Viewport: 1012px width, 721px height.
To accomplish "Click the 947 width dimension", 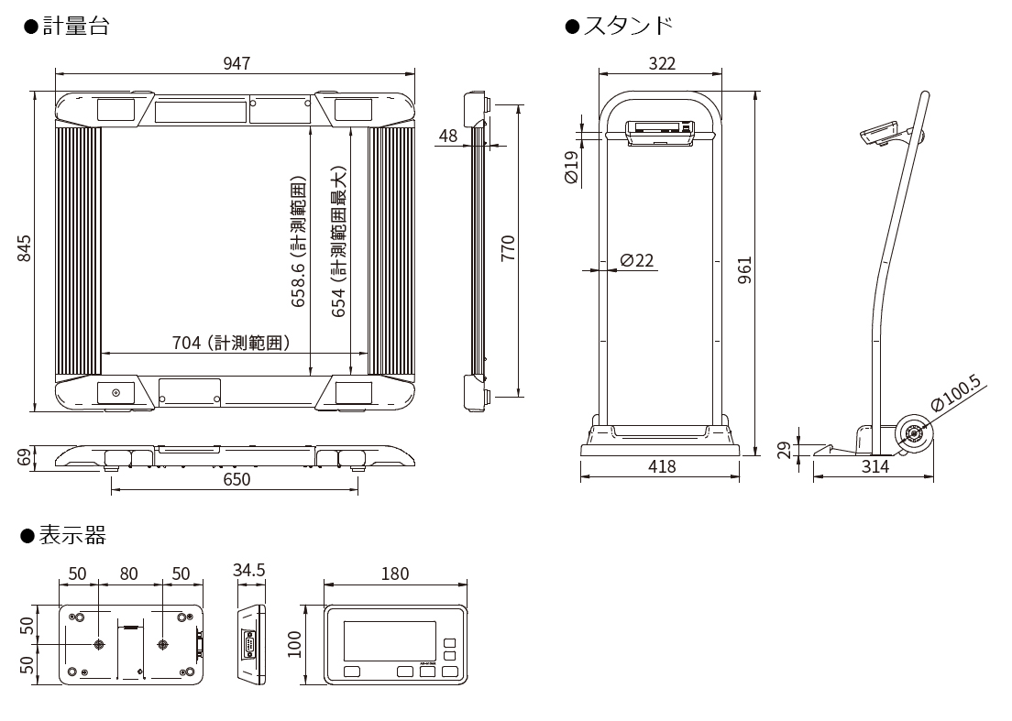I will [x=236, y=63].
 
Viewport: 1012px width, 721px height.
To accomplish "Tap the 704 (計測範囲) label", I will [x=231, y=344].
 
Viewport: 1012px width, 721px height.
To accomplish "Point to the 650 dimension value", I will [x=236, y=478].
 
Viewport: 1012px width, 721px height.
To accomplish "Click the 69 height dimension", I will [x=25, y=456].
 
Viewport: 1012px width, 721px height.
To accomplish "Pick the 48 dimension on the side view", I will [x=448, y=137].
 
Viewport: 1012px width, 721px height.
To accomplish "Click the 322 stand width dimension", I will [x=661, y=63].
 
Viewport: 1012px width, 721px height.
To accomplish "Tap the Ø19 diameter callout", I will [x=570, y=169].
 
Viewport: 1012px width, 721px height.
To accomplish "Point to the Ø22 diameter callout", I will [x=637, y=260].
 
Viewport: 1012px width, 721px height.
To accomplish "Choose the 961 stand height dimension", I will [x=744, y=269].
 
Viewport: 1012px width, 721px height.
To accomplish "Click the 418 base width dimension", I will [x=661, y=466].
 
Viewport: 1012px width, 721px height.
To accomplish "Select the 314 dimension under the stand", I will [x=875, y=466].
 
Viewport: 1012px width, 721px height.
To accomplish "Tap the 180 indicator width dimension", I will [x=394, y=574].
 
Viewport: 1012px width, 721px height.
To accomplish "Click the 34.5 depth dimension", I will [x=248, y=570].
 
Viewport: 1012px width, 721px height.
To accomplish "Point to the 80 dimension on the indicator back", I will [x=129, y=574].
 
